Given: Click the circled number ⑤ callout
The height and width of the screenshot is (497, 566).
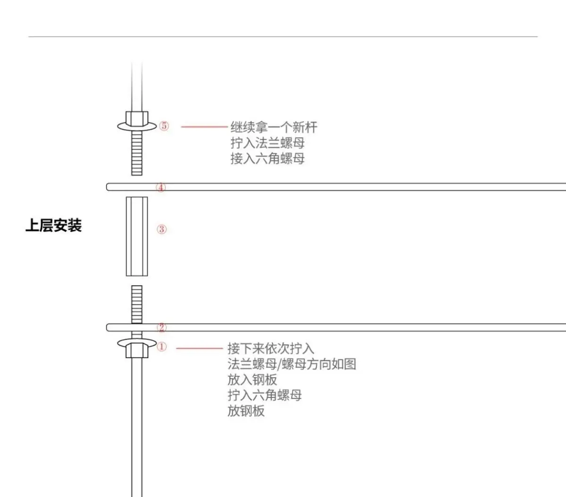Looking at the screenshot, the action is [x=164, y=126].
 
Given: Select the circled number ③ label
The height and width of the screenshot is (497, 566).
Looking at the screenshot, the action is [x=161, y=229].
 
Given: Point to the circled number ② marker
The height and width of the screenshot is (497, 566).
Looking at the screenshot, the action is [x=161, y=328].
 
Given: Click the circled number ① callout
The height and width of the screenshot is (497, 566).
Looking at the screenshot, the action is [x=161, y=347].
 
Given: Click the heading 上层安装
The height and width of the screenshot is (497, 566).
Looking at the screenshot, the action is [x=54, y=226].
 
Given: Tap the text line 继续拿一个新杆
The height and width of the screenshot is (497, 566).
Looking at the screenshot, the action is [x=274, y=127].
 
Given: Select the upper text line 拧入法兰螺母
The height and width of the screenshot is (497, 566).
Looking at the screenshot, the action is [x=268, y=143].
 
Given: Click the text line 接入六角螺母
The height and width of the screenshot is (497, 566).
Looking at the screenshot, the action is [x=268, y=159].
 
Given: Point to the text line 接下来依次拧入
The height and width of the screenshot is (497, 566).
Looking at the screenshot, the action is [x=271, y=349].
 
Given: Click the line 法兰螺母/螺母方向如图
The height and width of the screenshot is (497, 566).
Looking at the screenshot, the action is [x=292, y=364].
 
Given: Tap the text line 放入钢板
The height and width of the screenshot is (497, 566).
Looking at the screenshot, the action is [x=253, y=379].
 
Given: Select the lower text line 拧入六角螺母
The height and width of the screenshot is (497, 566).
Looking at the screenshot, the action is [x=265, y=395].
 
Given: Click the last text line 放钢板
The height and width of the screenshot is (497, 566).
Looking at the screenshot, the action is [x=246, y=411].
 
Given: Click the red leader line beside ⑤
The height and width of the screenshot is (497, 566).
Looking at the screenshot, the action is [x=204, y=126].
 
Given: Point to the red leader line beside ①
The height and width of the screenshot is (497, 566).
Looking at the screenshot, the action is [x=199, y=348].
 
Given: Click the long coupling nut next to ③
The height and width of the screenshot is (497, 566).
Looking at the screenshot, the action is [x=137, y=236].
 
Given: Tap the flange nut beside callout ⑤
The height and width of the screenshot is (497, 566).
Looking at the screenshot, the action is [x=137, y=121].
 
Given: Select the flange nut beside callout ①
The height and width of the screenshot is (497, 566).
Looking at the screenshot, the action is [x=137, y=348].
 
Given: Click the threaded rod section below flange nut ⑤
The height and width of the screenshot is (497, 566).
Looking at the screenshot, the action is [x=137, y=153].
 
